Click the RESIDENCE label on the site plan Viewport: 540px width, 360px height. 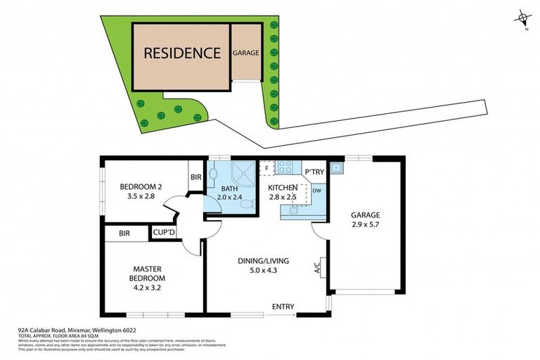[x=182, y=53]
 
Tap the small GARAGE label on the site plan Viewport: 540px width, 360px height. [x=246, y=53]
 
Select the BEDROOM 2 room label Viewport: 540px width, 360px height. [x=141, y=186]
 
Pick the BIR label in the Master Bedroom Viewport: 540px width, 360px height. [x=124, y=233]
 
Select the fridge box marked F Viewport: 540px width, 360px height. [x=267, y=169]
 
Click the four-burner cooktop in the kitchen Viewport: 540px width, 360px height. [x=286, y=167]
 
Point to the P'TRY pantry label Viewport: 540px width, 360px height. [x=314, y=172]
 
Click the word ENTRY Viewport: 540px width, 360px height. [x=283, y=307]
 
